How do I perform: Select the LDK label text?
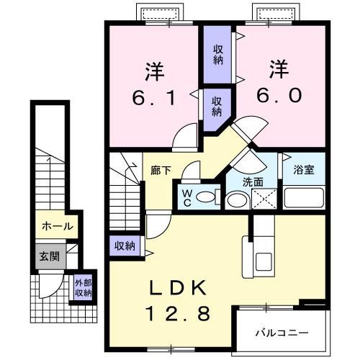(178, 288)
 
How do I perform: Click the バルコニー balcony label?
(283, 334)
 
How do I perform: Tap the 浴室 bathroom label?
(303, 171)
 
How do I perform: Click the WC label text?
(186, 197)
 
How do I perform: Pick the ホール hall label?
(56, 226)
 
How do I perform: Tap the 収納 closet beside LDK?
(125, 246)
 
